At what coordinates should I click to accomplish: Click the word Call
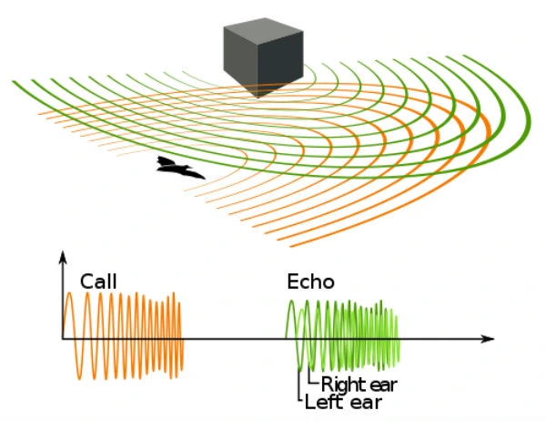(99, 282)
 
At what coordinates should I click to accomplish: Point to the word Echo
(310, 282)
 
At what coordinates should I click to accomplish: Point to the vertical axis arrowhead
(63, 259)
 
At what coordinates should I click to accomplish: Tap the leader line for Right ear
(309, 374)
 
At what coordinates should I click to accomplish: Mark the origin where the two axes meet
(63, 339)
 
